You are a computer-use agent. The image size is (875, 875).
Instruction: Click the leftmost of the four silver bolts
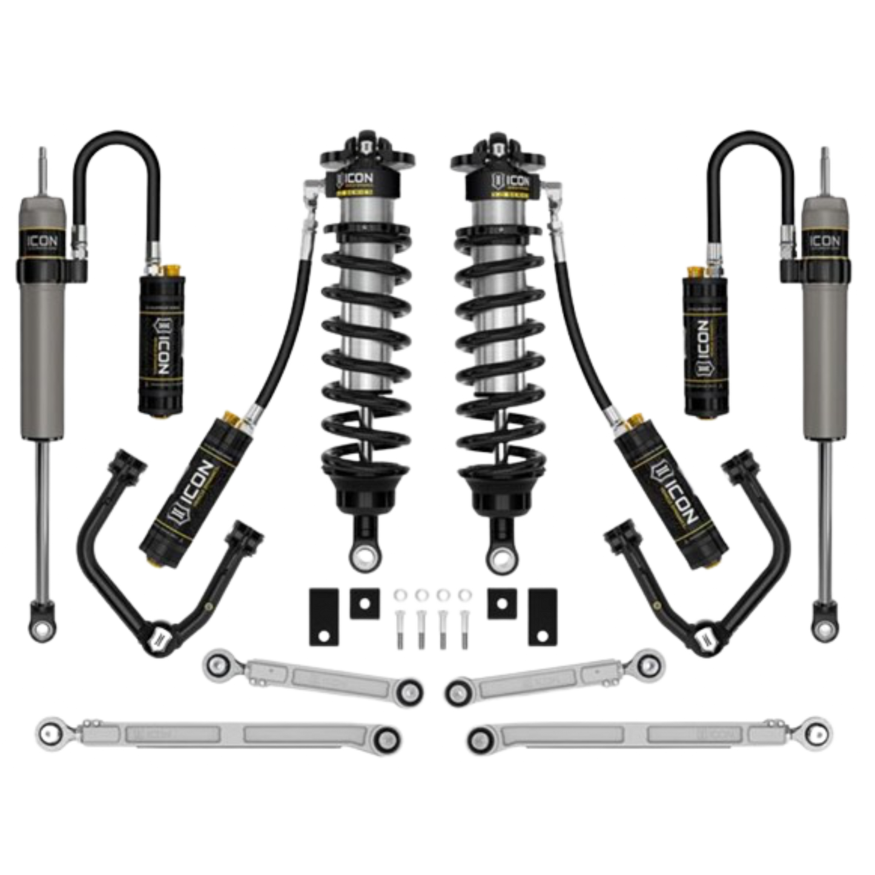[x=400, y=618]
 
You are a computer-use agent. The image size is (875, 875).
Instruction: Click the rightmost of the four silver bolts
[x=465, y=618]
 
